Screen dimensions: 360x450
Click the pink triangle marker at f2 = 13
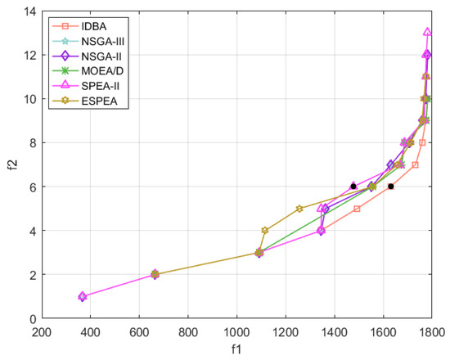point(427,33)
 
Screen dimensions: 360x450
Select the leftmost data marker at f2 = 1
point(82,296)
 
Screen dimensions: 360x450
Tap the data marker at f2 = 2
point(155,274)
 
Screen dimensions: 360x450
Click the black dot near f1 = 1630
point(390,187)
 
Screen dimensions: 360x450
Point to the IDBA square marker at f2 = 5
point(357,209)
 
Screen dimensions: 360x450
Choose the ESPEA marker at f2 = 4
point(264,231)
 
